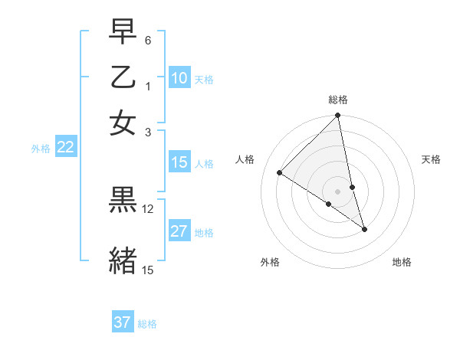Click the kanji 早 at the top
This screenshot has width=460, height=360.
click(x=123, y=33)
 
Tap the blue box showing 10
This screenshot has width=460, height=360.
click(x=179, y=78)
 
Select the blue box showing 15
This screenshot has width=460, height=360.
click(x=179, y=162)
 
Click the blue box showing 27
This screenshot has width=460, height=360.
click(x=179, y=231)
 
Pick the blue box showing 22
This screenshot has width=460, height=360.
click(x=65, y=148)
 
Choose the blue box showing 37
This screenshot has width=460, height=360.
click(x=123, y=322)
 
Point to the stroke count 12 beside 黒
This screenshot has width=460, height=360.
click(x=148, y=208)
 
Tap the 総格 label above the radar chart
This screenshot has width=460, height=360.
click(x=338, y=100)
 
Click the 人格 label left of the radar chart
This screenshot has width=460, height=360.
click(x=245, y=159)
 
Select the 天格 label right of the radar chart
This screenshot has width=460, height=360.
click(x=432, y=159)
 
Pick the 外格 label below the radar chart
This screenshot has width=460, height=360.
click(x=270, y=262)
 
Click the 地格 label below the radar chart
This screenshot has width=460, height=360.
click(x=402, y=262)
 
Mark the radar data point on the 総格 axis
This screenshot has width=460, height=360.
click(x=338, y=116)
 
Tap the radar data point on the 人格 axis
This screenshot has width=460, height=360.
click(x=280, y=173)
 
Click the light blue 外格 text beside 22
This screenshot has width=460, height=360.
click(x=41, y=149)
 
